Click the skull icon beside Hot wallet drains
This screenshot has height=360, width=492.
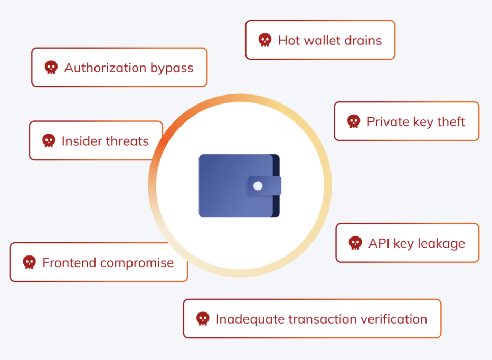tap(265, 40)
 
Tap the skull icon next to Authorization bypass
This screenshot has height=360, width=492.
tap(51, 68)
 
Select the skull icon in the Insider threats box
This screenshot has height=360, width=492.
tap(49, 140)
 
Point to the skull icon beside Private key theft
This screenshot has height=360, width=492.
tap(354, 121)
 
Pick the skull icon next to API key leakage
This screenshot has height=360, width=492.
tap(355, 243)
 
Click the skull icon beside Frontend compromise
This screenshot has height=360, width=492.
tap(29, 262)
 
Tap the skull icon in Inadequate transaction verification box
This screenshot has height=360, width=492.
tap(203, 319)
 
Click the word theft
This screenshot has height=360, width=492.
tap(451, 121)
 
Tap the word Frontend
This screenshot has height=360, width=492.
tap(69, 263)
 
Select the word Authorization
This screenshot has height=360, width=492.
tap(106, 68)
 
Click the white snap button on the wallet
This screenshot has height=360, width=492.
tap(258, 186)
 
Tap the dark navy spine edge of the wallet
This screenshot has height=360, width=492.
tap(276, 186)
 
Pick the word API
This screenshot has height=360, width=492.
tap(379, 243)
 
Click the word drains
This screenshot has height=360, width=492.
tap(363, 41)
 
